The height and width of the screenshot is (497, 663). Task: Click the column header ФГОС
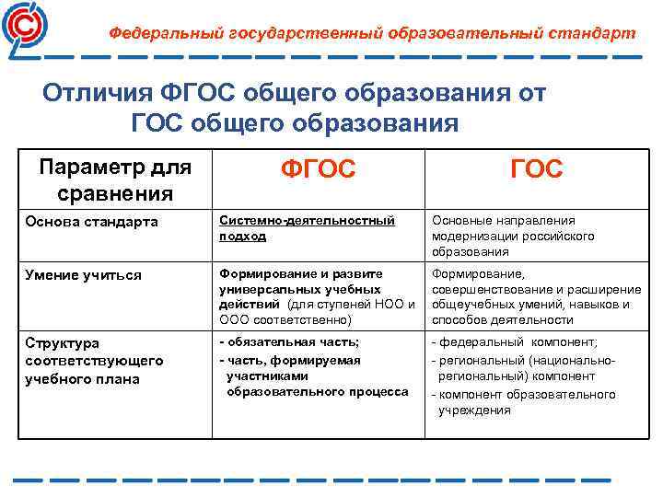[x=317, y=170]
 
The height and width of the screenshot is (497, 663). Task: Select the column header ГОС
[x=537, y=170]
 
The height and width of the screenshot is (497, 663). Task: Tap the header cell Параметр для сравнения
[x=114, y=179]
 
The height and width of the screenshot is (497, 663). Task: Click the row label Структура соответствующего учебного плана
[x=94, y=361]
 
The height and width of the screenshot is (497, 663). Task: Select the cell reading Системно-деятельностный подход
[x=306, y=228]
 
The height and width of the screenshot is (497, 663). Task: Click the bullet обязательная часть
[x=276, y=342]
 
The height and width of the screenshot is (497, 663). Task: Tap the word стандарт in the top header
[x=597, y=33]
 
